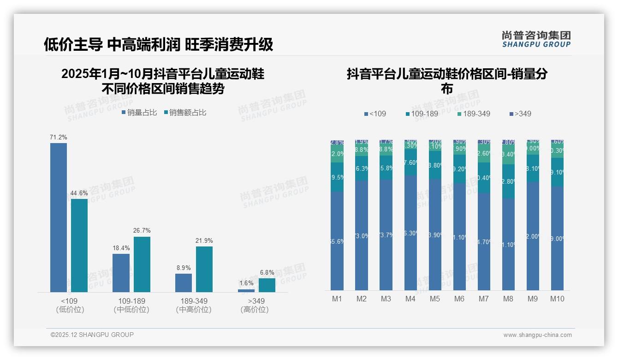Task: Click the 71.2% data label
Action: point(59,137)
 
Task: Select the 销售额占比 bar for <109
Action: point(79,245)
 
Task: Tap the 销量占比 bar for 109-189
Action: point(121,273)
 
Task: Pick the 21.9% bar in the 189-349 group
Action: point(204,269)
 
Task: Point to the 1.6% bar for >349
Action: point(246,290)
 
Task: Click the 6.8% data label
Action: point(267,273)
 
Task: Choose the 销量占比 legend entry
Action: point(139,113)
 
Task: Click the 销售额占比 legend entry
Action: point(185,113)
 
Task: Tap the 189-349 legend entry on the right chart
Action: point(474,114)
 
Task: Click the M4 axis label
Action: point(410,299)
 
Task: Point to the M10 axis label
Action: point(557,299)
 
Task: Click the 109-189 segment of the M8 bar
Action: point(508,181)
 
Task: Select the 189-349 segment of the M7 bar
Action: point(484,153)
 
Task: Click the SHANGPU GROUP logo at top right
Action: point(536,39)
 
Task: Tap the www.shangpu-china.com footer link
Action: point(537,335)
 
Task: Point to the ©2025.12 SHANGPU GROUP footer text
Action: point(92,335)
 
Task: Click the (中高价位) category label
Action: point(194,310)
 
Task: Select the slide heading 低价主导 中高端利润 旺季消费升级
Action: point(159,44)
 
